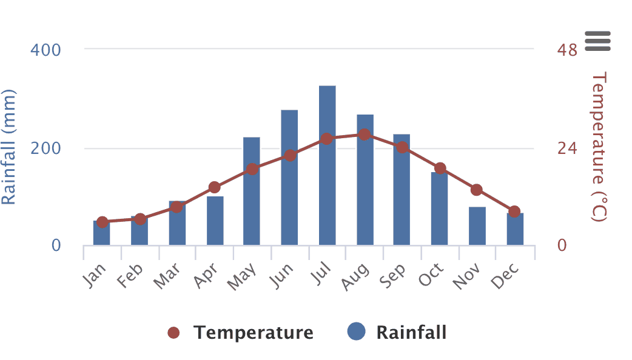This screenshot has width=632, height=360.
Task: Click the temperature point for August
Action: [364, 135]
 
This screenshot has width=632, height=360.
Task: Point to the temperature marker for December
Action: [514, 212]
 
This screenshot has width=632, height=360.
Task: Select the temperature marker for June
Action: [290, 156]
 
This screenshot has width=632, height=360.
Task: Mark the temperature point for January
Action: [102, 222]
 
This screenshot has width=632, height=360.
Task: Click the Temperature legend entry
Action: [241, 332]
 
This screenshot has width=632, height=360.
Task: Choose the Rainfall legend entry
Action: [397, 332]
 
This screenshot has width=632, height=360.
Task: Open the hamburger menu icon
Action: [598, 41]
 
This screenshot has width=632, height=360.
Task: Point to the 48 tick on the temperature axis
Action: [566, 50]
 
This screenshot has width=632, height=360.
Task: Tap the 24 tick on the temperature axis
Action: [566, 148]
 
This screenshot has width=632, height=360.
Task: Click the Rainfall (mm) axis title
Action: [9, 147]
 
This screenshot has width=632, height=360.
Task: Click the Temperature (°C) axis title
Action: [599, 147]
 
